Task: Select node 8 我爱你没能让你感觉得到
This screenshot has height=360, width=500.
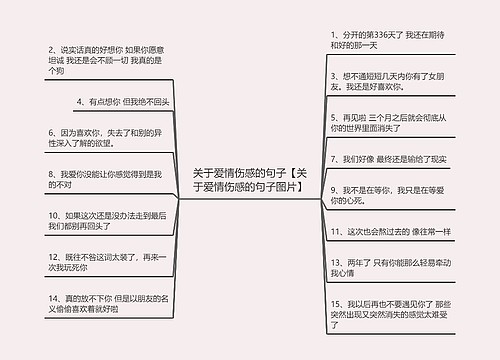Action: click(104, 178)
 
